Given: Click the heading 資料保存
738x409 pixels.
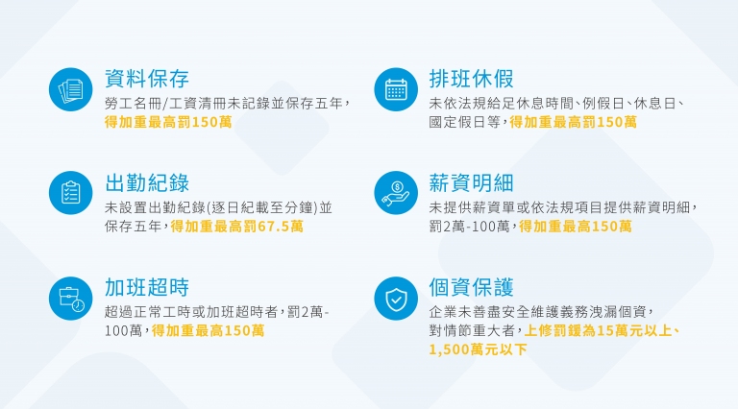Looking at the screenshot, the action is pos(147,79).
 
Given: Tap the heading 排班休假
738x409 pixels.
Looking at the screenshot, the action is pos(471,79).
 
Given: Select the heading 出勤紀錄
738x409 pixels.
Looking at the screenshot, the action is pos(147,182).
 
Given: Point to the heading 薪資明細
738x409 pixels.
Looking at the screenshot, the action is pos(471,182).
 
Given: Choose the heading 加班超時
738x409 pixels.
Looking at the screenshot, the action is pos(147,287).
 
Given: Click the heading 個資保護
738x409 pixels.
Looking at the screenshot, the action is pos(471,287).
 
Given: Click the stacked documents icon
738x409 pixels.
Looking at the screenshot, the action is pos(70,89).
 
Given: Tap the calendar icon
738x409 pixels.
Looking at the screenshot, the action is pos(396,89).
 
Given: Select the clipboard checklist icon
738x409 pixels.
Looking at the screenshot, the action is pos(70,193).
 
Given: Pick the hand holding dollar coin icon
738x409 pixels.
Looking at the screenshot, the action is pos(396,193).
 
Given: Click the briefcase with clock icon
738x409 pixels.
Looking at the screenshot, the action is pos(70,299).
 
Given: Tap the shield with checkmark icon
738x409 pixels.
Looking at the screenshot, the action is pos(396,299).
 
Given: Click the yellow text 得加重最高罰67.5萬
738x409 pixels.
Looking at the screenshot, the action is pos(236,227).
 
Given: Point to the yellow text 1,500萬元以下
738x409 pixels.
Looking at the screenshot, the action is pos(478,349).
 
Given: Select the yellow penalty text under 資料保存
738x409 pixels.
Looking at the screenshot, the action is pos(168,122).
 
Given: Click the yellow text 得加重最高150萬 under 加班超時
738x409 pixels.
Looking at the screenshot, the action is pos(208,330).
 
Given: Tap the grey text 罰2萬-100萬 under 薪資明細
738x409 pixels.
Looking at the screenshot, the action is pos(469,227).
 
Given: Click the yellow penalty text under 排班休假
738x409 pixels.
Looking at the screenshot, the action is pos(574,122).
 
